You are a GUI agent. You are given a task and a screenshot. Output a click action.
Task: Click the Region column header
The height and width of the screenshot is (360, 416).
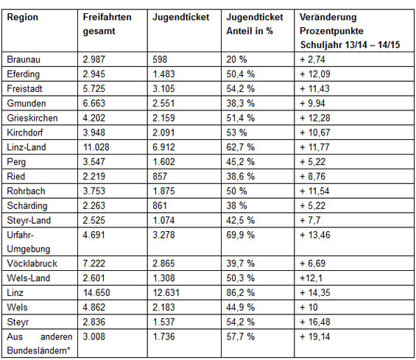point(23,18)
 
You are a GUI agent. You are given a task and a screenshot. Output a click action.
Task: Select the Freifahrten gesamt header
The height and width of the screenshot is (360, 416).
point(107,24)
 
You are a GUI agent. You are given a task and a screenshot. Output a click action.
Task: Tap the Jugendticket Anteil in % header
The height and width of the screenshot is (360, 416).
point(255,24)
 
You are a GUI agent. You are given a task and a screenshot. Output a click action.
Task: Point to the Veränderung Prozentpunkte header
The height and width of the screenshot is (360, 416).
point(350,31)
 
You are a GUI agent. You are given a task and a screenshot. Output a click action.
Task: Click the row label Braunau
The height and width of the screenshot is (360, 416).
point(24,60)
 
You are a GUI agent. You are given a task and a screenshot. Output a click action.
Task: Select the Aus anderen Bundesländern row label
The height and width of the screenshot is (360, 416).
point(40,344)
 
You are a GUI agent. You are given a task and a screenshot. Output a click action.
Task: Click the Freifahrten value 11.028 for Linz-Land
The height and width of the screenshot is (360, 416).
point(96,147)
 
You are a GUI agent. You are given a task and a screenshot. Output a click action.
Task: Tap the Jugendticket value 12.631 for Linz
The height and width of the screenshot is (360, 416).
point(166,293)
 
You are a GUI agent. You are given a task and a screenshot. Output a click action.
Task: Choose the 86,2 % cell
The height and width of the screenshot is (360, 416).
point(240,293)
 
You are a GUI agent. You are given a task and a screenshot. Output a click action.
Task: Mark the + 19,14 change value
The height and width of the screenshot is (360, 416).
point(315,336)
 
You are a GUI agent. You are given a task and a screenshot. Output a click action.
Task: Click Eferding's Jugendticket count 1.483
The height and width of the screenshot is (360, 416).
point(163,74)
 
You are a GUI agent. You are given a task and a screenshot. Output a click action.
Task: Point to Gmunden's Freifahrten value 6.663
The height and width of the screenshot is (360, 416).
point(94,103)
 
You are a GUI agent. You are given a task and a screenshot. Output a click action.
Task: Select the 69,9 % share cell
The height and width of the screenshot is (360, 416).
point(240,235)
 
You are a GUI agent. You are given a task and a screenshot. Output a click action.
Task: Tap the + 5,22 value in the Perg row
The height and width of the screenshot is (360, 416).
point(312,162)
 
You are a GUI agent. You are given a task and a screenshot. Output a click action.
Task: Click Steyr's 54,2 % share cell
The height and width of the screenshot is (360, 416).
point(240,322)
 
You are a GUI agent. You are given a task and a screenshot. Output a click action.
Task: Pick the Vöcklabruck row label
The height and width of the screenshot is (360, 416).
point(32,264)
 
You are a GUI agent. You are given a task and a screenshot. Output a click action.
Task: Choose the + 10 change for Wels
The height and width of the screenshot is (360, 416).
point(309,308)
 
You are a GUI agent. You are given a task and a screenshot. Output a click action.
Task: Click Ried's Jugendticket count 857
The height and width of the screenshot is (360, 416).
point(160,177)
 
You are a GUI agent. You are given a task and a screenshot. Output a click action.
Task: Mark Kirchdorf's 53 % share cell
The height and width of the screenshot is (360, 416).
point(236,133)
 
